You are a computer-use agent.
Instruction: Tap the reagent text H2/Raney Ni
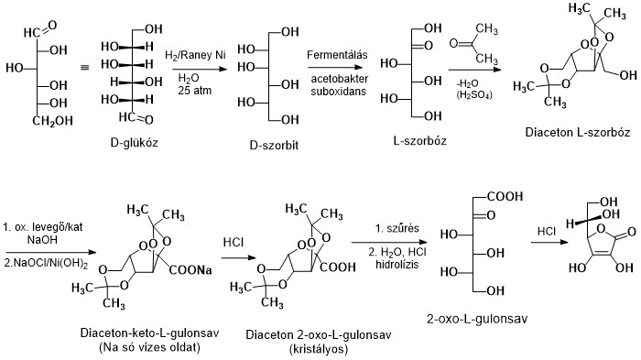190,58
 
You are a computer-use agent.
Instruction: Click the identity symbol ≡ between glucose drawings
82,67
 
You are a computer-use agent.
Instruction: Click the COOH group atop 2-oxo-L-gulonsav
505,196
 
